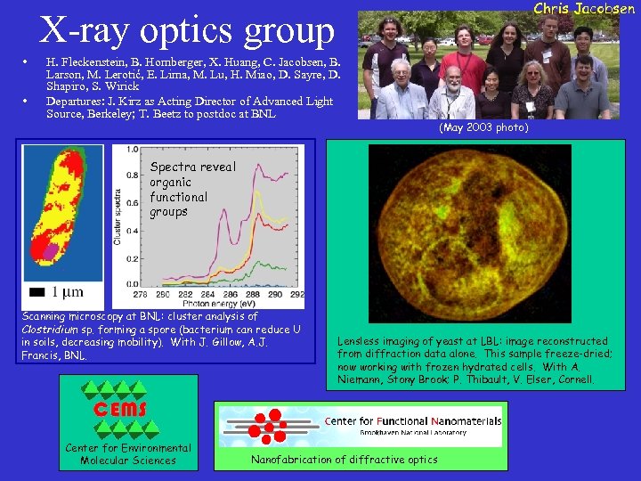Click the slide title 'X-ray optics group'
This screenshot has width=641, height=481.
tap(187, 30)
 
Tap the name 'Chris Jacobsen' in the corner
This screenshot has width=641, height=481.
tap(583, 9)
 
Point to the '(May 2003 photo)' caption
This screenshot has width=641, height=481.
tap(483, 128)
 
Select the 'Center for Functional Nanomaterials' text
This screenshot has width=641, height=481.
tap(413, 420)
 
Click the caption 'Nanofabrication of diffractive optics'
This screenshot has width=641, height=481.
tap(345, 460)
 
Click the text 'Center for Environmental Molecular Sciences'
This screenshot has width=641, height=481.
tap(127, 454)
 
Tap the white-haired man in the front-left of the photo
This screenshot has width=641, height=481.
tap(399, 89)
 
